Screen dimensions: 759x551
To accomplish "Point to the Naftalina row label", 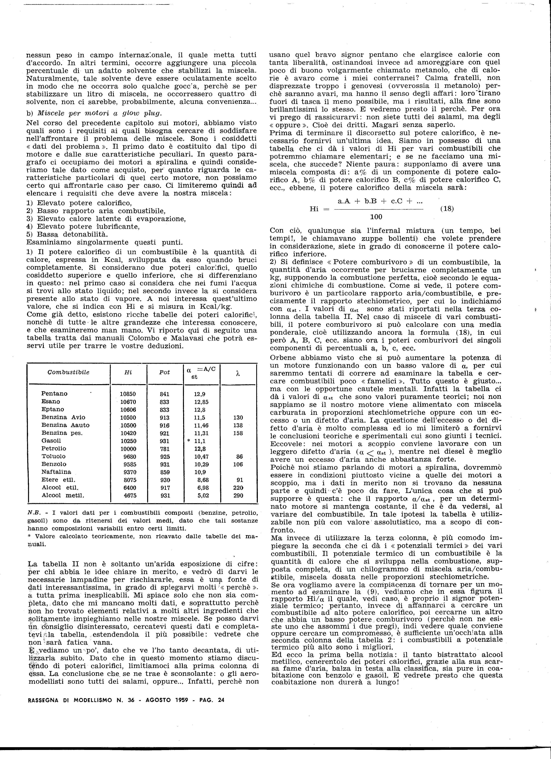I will click(x=56, y=472).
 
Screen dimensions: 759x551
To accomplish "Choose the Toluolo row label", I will click(x=53, y=456).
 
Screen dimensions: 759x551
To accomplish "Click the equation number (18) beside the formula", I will click(x=447, y=208).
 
